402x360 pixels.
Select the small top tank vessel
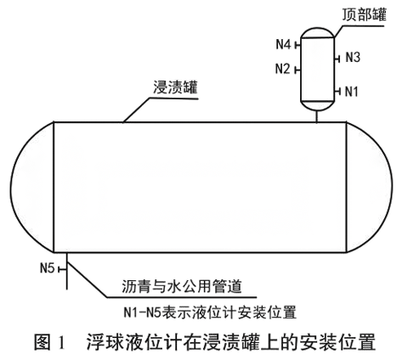318,68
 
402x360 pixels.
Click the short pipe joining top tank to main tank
318,116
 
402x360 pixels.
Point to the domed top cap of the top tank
318,31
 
